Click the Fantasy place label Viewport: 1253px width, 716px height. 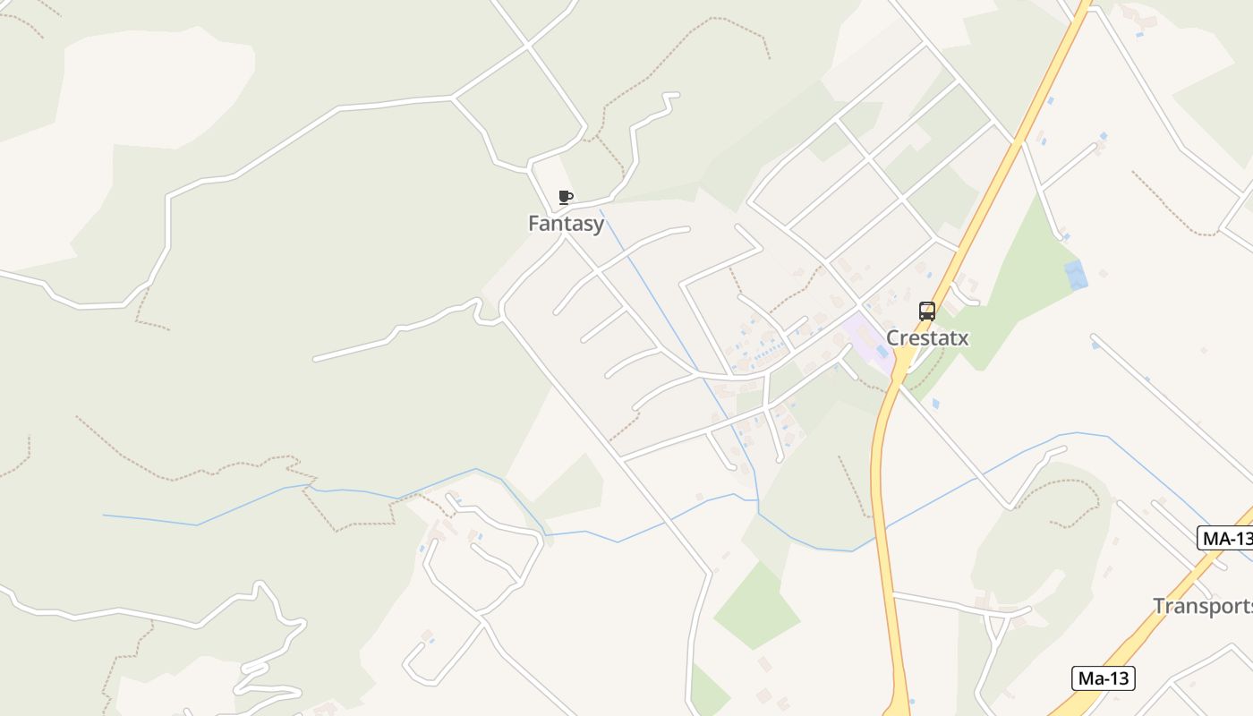tap(566, 224)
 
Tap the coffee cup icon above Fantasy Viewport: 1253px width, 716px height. tap(565, 197)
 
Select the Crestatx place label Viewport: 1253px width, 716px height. tap(926, 338)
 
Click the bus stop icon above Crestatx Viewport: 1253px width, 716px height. tap(927, 311)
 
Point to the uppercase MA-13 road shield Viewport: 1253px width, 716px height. tap(1224, 539)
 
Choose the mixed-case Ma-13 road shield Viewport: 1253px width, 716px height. tap(1103, 678)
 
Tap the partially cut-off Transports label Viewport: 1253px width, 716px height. tap(1202, 606)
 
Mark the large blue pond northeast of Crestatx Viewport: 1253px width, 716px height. tap(1076, 274)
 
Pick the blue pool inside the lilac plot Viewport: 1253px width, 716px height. tap(882, 352)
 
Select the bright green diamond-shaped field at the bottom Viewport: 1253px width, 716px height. tap(756, 605)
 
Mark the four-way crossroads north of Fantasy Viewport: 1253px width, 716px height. tap(527, 44)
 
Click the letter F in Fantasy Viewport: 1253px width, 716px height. tap(534, 224)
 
